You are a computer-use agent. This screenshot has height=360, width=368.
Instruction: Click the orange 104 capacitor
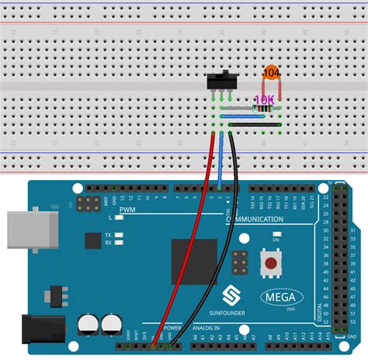coord(271,72)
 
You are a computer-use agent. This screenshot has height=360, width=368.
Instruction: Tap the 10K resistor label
coord(264,100)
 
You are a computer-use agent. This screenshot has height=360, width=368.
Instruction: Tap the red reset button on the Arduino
coord(270,264)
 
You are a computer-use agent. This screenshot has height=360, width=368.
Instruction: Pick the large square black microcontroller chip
coord(193,262)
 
